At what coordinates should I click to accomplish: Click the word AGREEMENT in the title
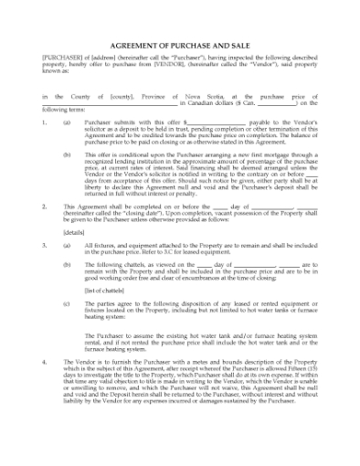[137, 44]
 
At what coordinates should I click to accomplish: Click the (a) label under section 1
[67, 121]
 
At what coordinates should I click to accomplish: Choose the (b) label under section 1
[67, 154]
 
